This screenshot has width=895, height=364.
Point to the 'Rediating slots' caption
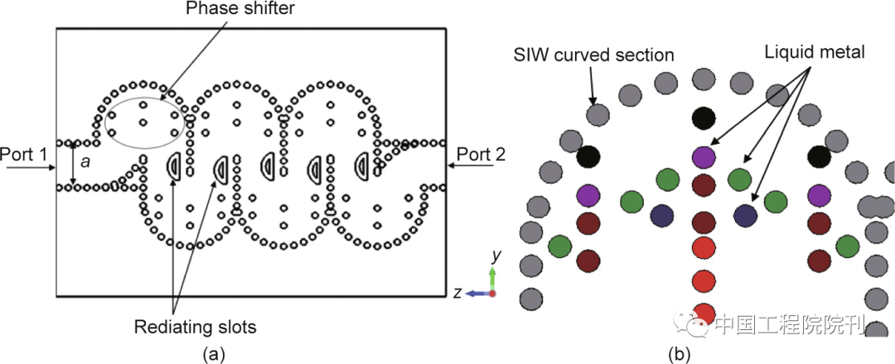point(194,327)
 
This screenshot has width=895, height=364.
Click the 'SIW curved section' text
point(593,55)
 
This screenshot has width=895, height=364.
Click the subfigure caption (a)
point(214,354)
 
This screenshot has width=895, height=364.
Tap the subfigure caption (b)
point(678,354)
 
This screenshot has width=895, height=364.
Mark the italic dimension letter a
point(85,164)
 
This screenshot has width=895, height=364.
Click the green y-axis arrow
point(492,277)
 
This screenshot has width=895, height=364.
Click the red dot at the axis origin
point(492,294)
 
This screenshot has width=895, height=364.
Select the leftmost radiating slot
point(175,165)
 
